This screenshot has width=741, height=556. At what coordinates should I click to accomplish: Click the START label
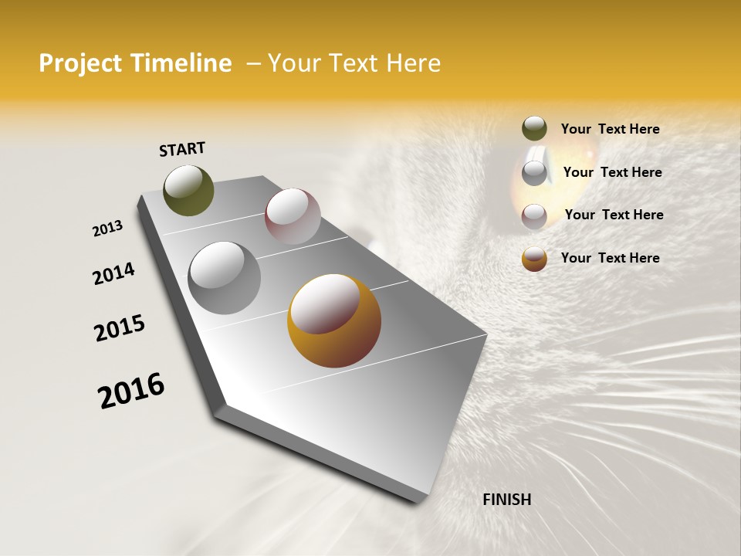182,149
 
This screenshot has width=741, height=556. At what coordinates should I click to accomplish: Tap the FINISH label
506,500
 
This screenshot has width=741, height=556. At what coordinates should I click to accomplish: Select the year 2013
107,229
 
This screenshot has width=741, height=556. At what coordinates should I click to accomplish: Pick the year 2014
113,273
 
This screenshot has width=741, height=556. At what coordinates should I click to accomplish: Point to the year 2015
120,328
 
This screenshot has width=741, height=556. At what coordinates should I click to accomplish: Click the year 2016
131,390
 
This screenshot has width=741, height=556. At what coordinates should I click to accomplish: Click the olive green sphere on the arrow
189,191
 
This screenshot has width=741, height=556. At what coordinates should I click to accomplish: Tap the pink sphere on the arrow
293,216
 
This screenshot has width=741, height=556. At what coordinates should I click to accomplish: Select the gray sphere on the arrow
225,278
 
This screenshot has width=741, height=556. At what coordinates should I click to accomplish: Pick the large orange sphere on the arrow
334,320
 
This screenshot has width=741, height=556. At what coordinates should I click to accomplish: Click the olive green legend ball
534,129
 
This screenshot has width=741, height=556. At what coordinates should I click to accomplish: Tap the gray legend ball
534,172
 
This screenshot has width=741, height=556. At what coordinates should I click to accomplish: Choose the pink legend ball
534,215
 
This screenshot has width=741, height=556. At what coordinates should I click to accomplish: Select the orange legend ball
534,259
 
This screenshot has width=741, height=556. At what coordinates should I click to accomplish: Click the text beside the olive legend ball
610,129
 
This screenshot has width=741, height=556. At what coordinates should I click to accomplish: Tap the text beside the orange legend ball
610,258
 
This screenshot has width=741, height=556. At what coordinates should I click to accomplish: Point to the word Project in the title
81,63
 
